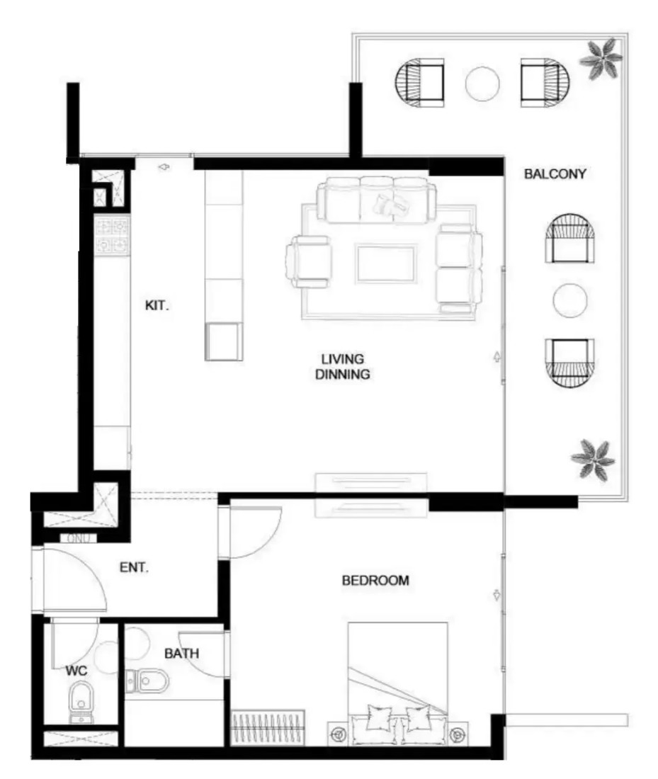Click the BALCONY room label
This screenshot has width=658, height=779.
click(555, 174)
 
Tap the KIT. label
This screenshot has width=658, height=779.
click(157, 305)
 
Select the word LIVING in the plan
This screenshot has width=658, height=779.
click(342, 359)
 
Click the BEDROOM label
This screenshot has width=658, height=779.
click(375, 580)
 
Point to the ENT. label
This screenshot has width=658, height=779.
click(134, 567)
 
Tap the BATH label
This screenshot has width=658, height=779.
click(181, 654)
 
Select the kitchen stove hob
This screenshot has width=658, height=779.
click(113, 236)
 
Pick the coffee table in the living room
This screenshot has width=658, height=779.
click(385, 263)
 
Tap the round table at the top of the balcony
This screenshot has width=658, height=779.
click(482, 84)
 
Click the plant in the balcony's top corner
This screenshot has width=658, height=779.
click(601, 59)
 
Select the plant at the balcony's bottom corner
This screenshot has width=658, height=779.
click(592, 460)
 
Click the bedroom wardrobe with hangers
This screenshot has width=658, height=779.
click(267, 727)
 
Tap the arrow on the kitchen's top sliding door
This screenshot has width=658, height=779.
click(164, 167)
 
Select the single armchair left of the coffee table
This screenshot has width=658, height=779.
click(308, 261)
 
